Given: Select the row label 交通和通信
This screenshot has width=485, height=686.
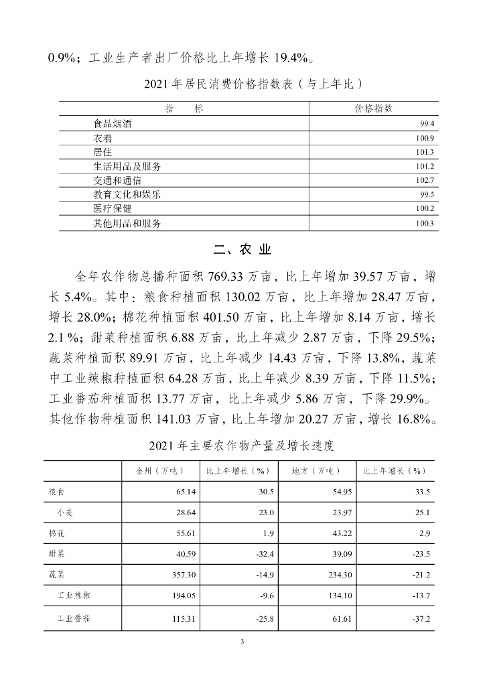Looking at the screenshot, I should (x=118, y=180).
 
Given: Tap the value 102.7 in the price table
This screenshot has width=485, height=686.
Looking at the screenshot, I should (x=427, y=180).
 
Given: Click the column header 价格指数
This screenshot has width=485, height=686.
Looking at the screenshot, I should (x=373, y=109).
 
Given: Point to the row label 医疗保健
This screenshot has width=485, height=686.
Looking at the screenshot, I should (x=113, y=208).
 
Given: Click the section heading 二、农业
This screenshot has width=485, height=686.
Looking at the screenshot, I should (x=242, y=251).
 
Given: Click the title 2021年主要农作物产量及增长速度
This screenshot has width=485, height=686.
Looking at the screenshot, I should (x=242, y=445).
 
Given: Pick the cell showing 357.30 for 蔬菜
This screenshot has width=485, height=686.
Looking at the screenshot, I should (x=181, y=575).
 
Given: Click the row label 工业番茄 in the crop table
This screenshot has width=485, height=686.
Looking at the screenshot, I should (x=74, y=617).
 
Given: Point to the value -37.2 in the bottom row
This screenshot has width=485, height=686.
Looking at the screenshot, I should (x=419, y=617).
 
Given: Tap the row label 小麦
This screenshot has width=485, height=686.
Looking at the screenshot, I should (x=65, y=513).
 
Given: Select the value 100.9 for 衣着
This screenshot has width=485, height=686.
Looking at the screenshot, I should (x=427, y=139).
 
